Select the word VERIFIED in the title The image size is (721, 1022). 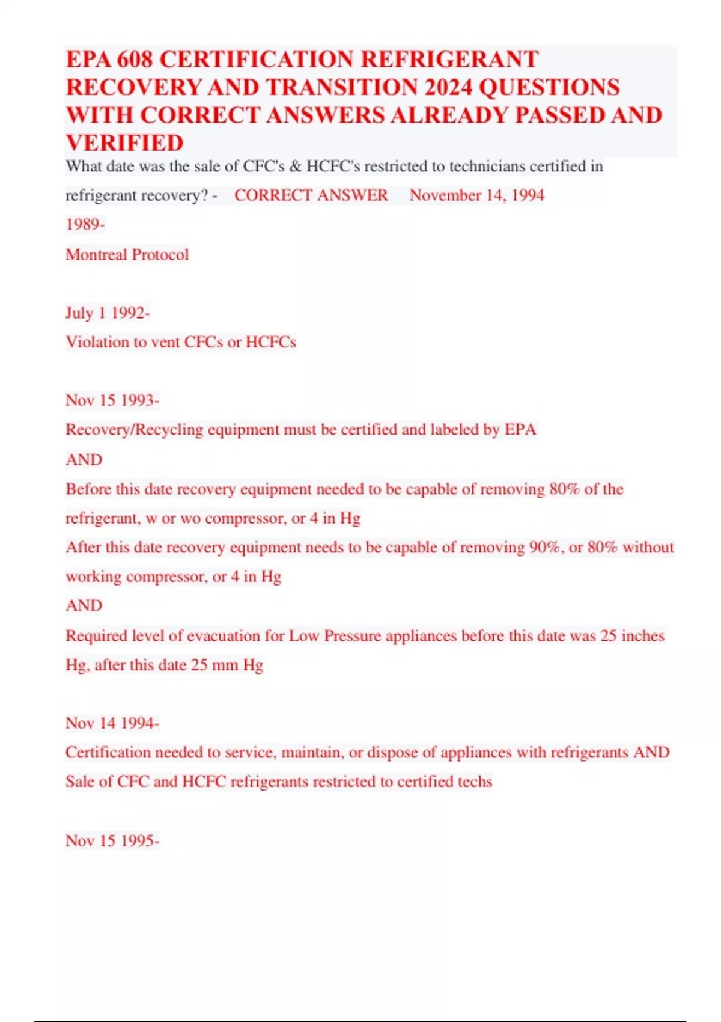[x=124, y=143]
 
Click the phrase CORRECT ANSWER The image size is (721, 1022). [x=311, y=195]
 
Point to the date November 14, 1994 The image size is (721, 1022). [x=477, y=195]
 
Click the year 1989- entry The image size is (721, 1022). [x=85, y=225]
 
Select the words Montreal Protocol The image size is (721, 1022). [x=127, y=254]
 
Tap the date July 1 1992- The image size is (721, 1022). [x=108, y=313]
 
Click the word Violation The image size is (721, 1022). [x=97, y=342]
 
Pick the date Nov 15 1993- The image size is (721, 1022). [x=112, y=400]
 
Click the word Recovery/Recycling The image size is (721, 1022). [x=135, y=430]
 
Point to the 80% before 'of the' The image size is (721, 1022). [x=564, y=489]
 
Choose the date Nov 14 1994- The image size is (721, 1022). [x=112, y=723]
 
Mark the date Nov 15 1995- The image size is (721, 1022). [x=112, y=840]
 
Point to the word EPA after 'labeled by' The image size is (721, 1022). [x=520, y=430]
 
